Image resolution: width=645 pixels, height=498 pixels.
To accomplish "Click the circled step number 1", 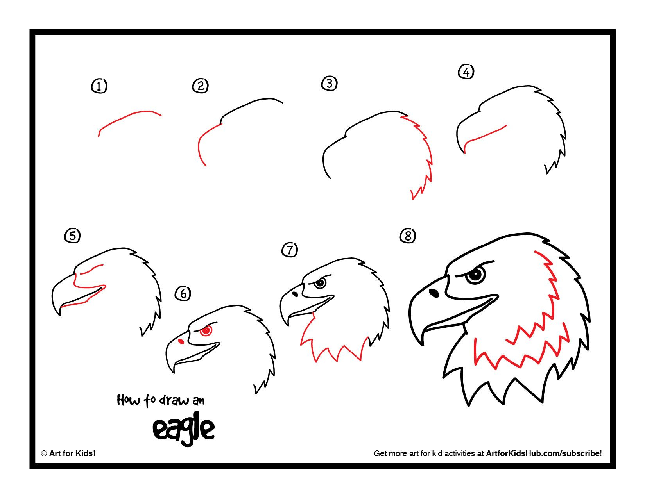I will tap(99, 86).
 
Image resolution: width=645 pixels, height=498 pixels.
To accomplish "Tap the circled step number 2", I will tap(200, 86).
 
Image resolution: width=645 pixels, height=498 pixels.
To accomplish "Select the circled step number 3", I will tap(330, 83).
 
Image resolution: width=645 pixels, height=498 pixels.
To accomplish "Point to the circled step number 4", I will tap(466, 72).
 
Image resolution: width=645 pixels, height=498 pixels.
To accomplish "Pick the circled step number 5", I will tap(72, 236).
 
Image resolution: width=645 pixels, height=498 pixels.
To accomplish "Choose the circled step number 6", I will tap(183, 293).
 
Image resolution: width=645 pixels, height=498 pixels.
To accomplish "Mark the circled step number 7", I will tap(290, 250).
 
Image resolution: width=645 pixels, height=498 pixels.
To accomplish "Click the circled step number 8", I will tap(408, 236).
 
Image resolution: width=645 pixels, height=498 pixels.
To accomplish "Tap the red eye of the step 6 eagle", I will tap(206, 330).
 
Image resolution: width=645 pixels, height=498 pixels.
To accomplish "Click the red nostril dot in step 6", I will tap(181, 342).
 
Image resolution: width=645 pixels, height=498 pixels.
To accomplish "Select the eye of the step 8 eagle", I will tap(475, 275).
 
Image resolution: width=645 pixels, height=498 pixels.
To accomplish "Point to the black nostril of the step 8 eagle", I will tap(434, 292).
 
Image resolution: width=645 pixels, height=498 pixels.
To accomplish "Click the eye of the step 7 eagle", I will tap(321, 283).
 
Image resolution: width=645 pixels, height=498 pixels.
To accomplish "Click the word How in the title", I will tap(128, 400).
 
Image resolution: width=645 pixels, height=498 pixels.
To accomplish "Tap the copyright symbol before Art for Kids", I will tap(44, 453).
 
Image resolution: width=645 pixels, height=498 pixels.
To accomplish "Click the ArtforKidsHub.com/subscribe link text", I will tap(543, 453).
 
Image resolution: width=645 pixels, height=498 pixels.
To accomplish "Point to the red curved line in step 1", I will tap(129, 116).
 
